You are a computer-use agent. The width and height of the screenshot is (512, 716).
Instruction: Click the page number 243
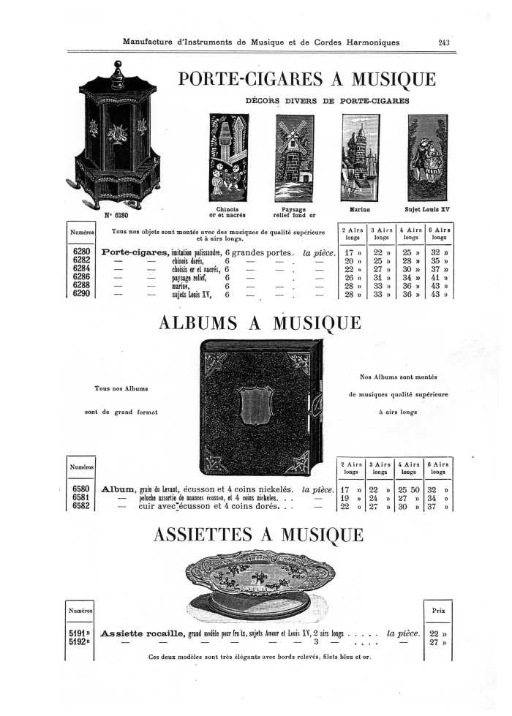443,42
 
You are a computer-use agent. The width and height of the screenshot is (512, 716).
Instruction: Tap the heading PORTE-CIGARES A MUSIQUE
307,79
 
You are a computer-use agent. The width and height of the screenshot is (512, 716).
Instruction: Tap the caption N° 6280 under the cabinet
116,215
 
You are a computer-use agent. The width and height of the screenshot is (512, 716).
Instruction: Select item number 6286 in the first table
81,278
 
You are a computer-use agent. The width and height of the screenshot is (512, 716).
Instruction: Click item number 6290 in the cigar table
81,295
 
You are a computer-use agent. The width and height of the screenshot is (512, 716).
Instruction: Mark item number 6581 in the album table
81,497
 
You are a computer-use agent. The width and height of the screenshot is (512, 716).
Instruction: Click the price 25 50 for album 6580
407,489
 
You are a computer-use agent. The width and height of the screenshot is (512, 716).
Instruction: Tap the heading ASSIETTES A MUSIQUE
258,535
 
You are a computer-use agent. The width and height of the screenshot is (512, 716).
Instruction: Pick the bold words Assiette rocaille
143,633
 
